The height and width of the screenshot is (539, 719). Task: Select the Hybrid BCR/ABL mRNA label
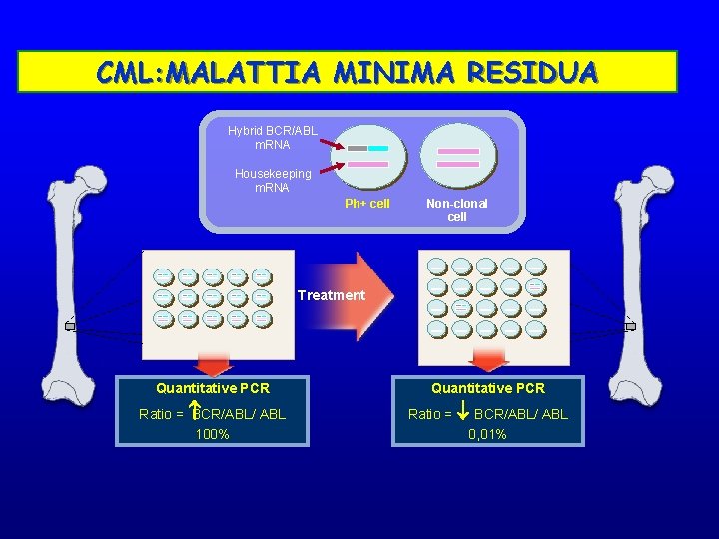coord(272,138)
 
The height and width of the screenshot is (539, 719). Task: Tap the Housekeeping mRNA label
coord(272,180)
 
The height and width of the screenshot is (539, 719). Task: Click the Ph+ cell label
coord(366,204)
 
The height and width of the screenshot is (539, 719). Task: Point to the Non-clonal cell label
coord(456,210)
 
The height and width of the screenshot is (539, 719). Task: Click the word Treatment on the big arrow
coord(331,295)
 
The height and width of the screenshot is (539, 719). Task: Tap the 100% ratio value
coord(212,434)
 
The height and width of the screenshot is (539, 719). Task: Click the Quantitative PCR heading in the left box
coord(212,388)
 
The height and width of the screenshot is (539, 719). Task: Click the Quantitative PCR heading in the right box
coord(487,388)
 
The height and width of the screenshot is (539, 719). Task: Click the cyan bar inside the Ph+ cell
coord(377,148)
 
